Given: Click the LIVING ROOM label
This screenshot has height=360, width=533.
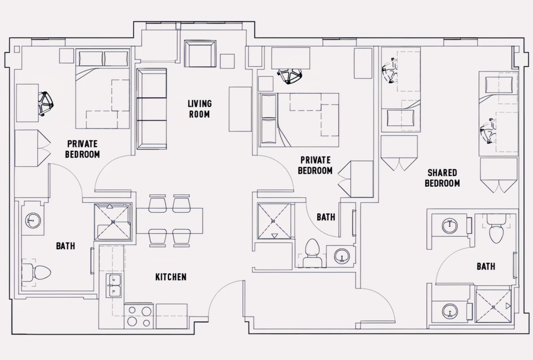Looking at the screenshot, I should click(x=200, y=108).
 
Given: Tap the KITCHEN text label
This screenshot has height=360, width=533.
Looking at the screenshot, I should click(x=171, y=277).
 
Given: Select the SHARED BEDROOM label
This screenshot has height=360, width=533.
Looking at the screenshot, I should click(x=442, y=178).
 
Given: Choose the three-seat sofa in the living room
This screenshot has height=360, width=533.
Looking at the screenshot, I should click(x=151, y=108).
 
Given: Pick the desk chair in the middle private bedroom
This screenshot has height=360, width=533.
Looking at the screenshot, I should click(x=289, y=76).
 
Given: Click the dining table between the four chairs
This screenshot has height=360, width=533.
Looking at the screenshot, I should click(x=169, y=220).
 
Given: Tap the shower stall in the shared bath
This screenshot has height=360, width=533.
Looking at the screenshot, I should click(x=493, y=306).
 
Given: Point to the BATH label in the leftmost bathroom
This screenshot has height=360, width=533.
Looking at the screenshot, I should click(x=65, y=246).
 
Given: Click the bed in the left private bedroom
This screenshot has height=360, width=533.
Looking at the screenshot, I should click(x=102, y=89).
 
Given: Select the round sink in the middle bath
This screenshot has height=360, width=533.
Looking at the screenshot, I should click(x=342, y=256).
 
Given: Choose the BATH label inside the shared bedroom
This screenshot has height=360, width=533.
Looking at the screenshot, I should click(x=486, y=267).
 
